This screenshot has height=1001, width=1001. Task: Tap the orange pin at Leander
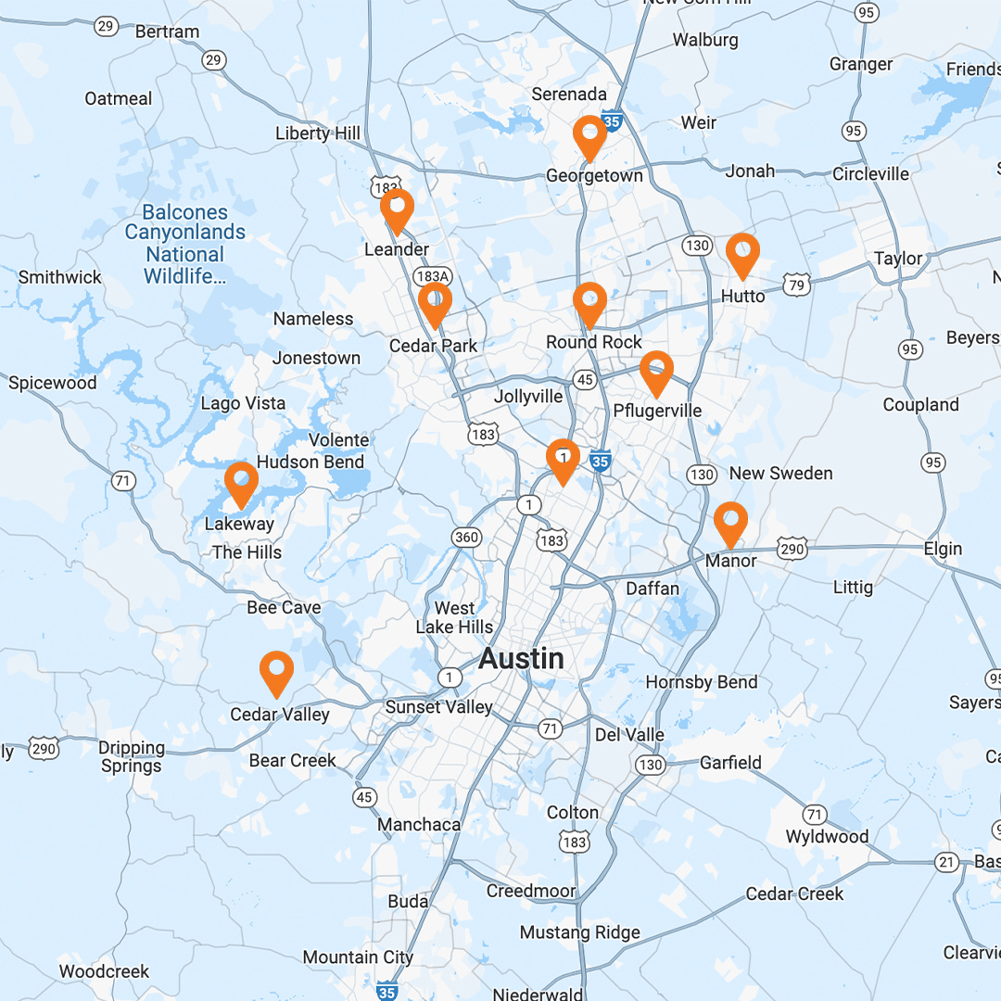tap(397, 209)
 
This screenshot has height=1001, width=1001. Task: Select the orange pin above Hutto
tap(742, 253)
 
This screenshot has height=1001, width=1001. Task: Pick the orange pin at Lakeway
tap(241, 482)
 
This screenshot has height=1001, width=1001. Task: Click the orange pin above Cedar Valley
tap(276, 671)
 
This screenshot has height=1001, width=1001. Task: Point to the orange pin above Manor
tap(730, 522)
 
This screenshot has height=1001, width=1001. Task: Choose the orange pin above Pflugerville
tap(656, 372)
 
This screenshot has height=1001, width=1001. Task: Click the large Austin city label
tap(521, 659)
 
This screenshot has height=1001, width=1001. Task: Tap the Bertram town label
tap(168, 32)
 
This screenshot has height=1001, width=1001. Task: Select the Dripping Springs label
tap(133, 756)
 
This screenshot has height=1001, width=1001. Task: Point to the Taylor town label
tap(899, 259)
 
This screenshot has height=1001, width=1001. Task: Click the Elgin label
tap(943, 549)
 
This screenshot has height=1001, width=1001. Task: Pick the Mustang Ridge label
tap(580, 932)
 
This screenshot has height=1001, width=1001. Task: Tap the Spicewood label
tap(52, 383)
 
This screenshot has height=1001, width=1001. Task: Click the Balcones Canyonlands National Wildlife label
tap(185, 244)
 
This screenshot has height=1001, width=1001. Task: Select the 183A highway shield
tap(433, 277)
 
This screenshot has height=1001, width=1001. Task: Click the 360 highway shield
tap(466, 538)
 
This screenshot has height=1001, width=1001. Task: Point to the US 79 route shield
tap(795, 285)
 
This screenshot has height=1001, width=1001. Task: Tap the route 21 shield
tap(946, 862)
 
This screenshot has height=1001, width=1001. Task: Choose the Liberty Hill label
tap(318, 133)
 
